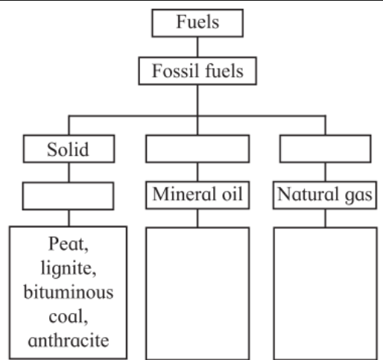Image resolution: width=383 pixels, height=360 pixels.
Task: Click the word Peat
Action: (69, 244)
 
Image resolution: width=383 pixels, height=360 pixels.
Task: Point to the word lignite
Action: (69, 268)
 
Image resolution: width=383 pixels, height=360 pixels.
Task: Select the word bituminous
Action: (69, 292)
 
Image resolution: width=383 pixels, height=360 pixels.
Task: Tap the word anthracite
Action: (69, 341)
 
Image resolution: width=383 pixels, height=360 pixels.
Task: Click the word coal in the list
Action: (69, 317)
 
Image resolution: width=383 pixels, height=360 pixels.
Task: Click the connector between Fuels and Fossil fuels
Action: (197, 47)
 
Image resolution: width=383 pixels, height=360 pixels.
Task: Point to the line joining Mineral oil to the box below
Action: (197, 218)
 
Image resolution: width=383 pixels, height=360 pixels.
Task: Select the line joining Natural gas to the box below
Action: (326, 218)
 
